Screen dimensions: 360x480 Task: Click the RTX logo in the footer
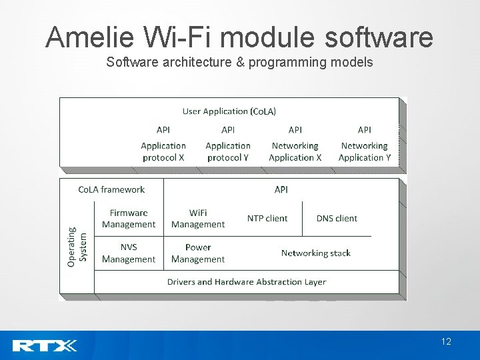(x=45, y=345)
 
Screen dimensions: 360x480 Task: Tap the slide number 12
(x=446, y=342)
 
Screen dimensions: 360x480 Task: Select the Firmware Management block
(x=129, y=219)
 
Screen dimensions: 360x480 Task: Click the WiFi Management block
(x=198, y=219)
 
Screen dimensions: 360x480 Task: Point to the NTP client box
(x=267, y=219)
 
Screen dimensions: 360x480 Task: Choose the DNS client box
(x=337, y=219)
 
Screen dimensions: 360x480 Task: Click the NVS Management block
(x=129, y=253)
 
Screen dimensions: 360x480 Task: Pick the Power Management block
(x=198, y=253)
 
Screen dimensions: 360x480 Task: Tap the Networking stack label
(x=315, y=253)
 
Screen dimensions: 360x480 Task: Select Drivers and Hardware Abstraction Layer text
(x=247, y=282)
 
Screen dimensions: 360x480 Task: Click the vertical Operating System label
(x=77, y=247)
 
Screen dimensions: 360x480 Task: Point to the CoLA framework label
(x=111, y=190)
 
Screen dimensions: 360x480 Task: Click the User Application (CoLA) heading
(x=229, y=111)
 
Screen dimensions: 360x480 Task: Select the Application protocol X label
(x=163, y=151)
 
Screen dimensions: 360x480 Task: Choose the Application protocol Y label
(x=228, y=151)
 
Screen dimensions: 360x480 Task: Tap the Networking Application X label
(x=295, y=151)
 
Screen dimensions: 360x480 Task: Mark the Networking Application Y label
(x=365, y=151)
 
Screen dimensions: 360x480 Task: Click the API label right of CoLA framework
(x=281, y=190)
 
